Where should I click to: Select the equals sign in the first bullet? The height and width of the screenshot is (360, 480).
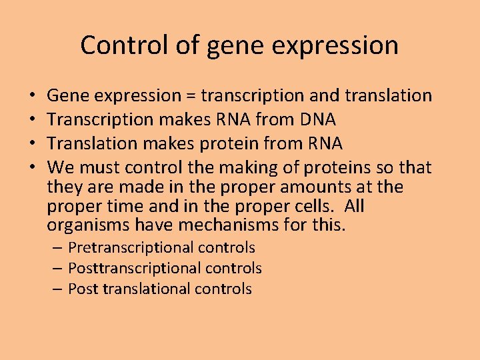tap(191, 96)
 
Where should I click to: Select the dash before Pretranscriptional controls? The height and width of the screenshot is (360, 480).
tap(58, 248)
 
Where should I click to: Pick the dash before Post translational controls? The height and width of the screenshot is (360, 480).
tap(58, 289)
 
